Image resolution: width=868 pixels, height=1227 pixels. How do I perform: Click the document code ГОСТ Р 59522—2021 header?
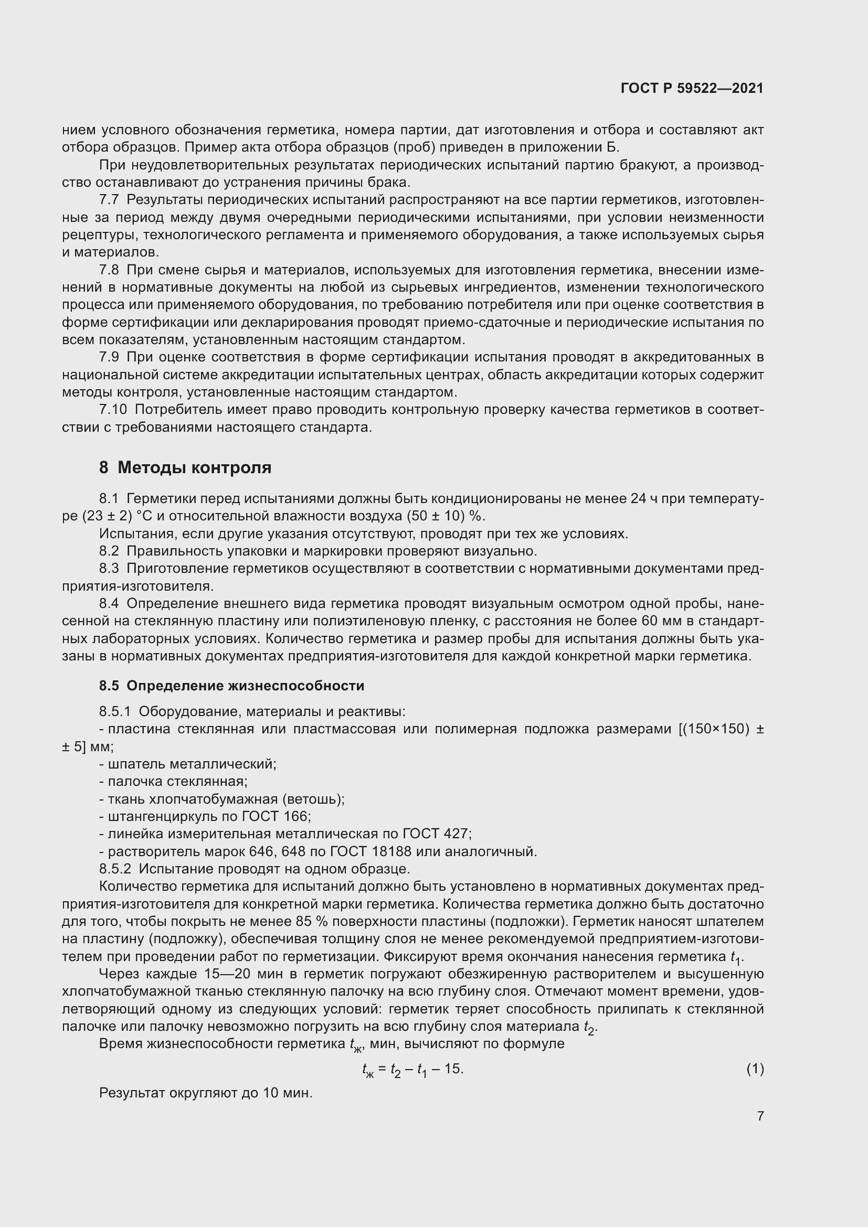[x=692, y=88]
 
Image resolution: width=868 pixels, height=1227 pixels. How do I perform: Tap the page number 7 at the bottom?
[x=760, y=1116]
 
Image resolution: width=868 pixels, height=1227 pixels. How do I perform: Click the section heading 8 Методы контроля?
[x=185, y=467]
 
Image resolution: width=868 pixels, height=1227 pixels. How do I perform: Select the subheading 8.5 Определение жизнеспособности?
[x=231, y=686]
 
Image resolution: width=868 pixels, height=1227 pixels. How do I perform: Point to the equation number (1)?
[x=755, y=1069]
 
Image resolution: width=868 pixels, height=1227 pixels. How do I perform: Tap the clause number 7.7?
[x=109, y=200]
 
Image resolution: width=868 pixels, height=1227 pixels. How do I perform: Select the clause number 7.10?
[x=113, y=410]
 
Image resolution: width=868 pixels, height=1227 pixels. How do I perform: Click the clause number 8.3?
[x=109, y=569]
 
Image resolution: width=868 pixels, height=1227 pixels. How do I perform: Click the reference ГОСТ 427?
[x=436, y=834]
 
